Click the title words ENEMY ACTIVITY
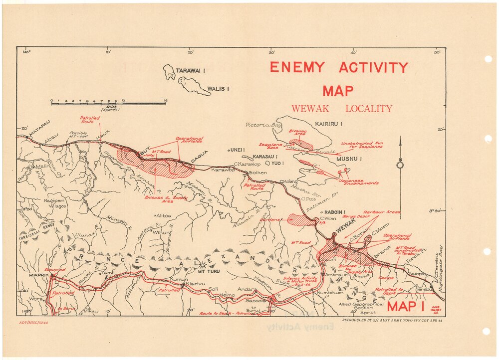point(339,67)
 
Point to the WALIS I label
point(218,89)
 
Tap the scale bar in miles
point(109,102)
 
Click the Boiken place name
point(258,173)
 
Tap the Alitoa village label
point(164,215)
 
